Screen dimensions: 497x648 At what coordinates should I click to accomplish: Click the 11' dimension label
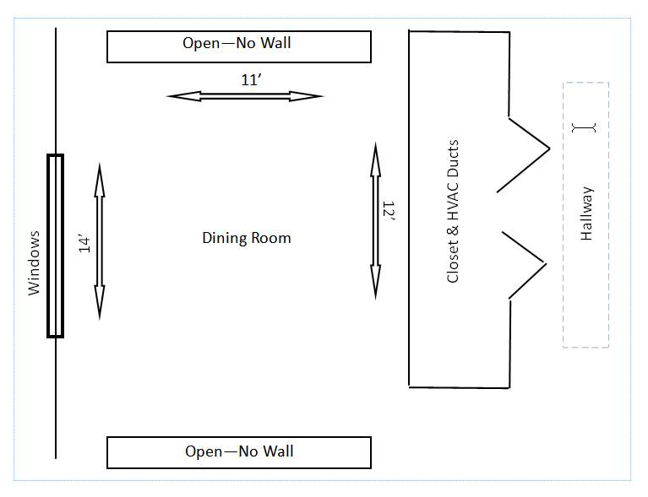(x=248, y=80)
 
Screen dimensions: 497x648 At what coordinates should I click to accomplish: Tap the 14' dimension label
(x=84, y=244)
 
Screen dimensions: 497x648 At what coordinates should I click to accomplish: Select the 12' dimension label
(x=389, y=211)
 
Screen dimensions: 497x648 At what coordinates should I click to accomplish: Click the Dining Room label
(x=246, y=238)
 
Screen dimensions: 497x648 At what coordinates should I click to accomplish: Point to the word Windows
(x=34, y=262)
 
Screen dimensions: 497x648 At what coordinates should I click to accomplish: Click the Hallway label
(x=587, y=213)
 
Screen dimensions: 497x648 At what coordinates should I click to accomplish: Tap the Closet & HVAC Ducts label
(x=453, y=211)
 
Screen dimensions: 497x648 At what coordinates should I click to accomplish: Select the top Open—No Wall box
(x=239, y=46)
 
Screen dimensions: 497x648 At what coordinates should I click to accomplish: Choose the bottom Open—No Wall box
(x=239, y=452)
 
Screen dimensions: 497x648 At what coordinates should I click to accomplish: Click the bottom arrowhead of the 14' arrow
(x=100, y=309)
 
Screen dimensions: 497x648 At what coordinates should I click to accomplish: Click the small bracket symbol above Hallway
(x=584, y=127)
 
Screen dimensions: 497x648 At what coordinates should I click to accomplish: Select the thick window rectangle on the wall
(x=55, y=246)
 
